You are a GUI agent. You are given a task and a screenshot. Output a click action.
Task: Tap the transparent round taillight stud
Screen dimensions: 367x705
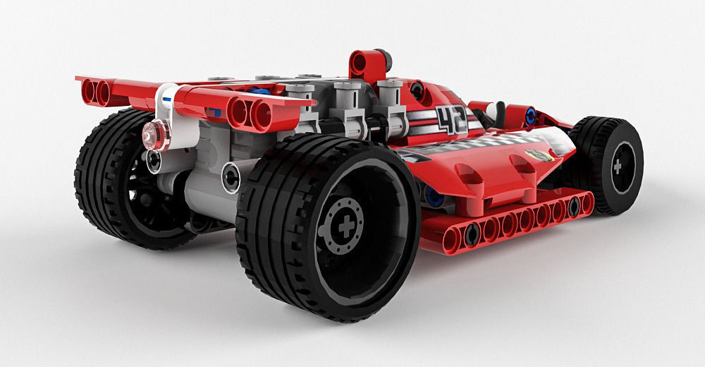(x=156, y=134)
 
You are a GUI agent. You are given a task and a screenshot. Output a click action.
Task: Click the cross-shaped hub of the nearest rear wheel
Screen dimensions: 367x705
(x=345, y=227)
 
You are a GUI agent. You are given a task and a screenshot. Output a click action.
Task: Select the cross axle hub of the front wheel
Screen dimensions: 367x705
(x=618, y=167)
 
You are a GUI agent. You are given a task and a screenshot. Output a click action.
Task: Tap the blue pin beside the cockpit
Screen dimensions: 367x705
(x=530, y=116)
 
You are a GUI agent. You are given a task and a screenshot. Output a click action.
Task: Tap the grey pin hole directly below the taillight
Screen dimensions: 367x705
(x=153, y=162)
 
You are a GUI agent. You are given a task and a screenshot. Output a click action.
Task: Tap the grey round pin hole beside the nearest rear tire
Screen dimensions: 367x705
(x=231, y=176)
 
